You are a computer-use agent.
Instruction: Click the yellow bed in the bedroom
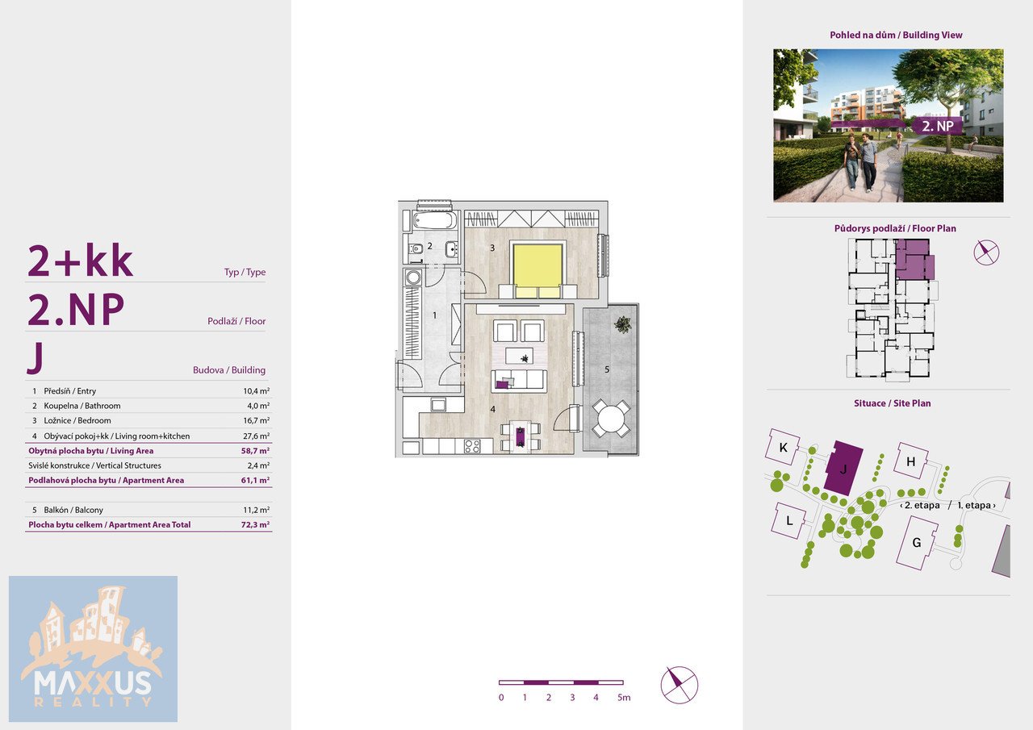coord(537,269)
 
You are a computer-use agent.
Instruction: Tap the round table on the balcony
coord(611,419)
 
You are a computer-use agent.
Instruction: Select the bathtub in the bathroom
coord(434,220)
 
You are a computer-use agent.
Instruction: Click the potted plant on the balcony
coord(623,324)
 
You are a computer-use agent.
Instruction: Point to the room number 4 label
coord(492,409)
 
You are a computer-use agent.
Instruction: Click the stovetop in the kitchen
coord(472,445)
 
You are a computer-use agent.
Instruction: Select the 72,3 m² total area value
coord(256,524)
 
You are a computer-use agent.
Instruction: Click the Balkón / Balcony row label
coord(73,510)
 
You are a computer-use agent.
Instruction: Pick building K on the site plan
coord(783,447)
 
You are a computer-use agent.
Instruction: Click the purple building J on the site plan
coord(843,468)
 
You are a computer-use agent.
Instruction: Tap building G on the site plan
coord(917,542)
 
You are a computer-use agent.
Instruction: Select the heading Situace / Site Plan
coord(892,403)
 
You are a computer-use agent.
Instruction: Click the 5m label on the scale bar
coord(624,697)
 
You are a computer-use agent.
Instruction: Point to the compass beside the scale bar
coord(680,685)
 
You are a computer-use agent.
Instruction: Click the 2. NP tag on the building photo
coord(938,126)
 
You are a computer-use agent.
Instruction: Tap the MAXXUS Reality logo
coord(93,649)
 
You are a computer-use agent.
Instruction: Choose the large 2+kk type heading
coord(80,261)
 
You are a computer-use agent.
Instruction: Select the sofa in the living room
coord(519,381)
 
